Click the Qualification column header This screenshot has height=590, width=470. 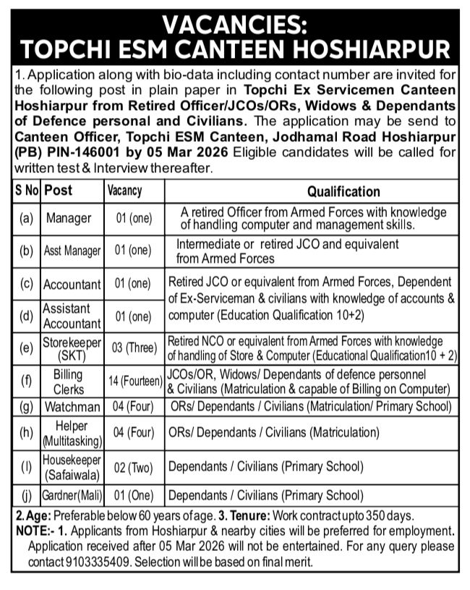click(x=343, y=192)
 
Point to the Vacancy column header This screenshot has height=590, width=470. click(x=124, y=192)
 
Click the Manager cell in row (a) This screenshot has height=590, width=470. click(x=69, y=218)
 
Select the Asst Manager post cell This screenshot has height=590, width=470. click(x=72, y=251)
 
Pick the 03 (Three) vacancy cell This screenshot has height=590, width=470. click(x=134, y=348)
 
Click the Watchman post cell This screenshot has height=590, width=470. click(x=72, y=407)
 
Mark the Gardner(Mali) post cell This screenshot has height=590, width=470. click(x=72, y=496)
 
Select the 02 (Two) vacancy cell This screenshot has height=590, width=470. click(x=133, y=467)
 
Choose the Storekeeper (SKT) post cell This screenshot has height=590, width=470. click(x=72, y=348)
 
